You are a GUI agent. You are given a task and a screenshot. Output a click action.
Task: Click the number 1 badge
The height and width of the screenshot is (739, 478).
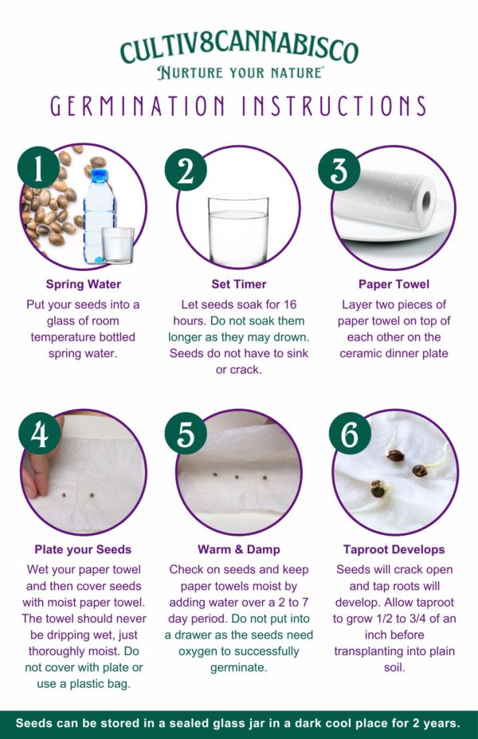click(38, 168)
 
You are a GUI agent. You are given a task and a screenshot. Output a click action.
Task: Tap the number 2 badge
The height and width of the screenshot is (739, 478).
click(186, 171)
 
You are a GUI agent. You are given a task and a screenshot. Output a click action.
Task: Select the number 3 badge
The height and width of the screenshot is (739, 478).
click(339, 170)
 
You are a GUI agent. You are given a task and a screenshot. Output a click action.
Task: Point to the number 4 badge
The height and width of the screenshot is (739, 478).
click(40, 434)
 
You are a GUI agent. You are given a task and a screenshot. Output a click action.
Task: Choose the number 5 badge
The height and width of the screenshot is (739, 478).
click(186, 434)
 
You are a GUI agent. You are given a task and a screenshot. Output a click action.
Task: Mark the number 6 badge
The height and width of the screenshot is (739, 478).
click(350, 434)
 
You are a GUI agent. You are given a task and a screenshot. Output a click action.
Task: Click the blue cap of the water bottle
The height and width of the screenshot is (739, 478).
click(100, 176)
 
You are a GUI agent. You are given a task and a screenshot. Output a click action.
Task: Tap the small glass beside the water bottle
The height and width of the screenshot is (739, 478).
click(118, 245)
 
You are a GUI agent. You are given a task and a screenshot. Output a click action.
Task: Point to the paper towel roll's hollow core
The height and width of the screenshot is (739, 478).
click(427, 202)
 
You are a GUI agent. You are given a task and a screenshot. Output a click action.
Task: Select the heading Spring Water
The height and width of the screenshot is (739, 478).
click(84, 284)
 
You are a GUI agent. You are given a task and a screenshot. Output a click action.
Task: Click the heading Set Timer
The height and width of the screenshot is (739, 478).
click(239, 284)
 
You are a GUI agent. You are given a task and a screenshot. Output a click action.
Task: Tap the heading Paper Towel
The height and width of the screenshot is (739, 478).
click(394, 284)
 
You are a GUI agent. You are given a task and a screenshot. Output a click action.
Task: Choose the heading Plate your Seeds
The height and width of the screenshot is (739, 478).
click(83, 549)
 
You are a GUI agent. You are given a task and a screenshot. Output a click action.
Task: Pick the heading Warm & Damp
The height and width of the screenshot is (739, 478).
click(239, 549)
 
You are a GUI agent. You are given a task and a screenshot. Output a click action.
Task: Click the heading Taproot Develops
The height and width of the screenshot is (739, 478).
click(394, 549)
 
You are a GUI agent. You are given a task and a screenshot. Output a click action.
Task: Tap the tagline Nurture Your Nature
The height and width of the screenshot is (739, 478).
click(240, 73)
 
